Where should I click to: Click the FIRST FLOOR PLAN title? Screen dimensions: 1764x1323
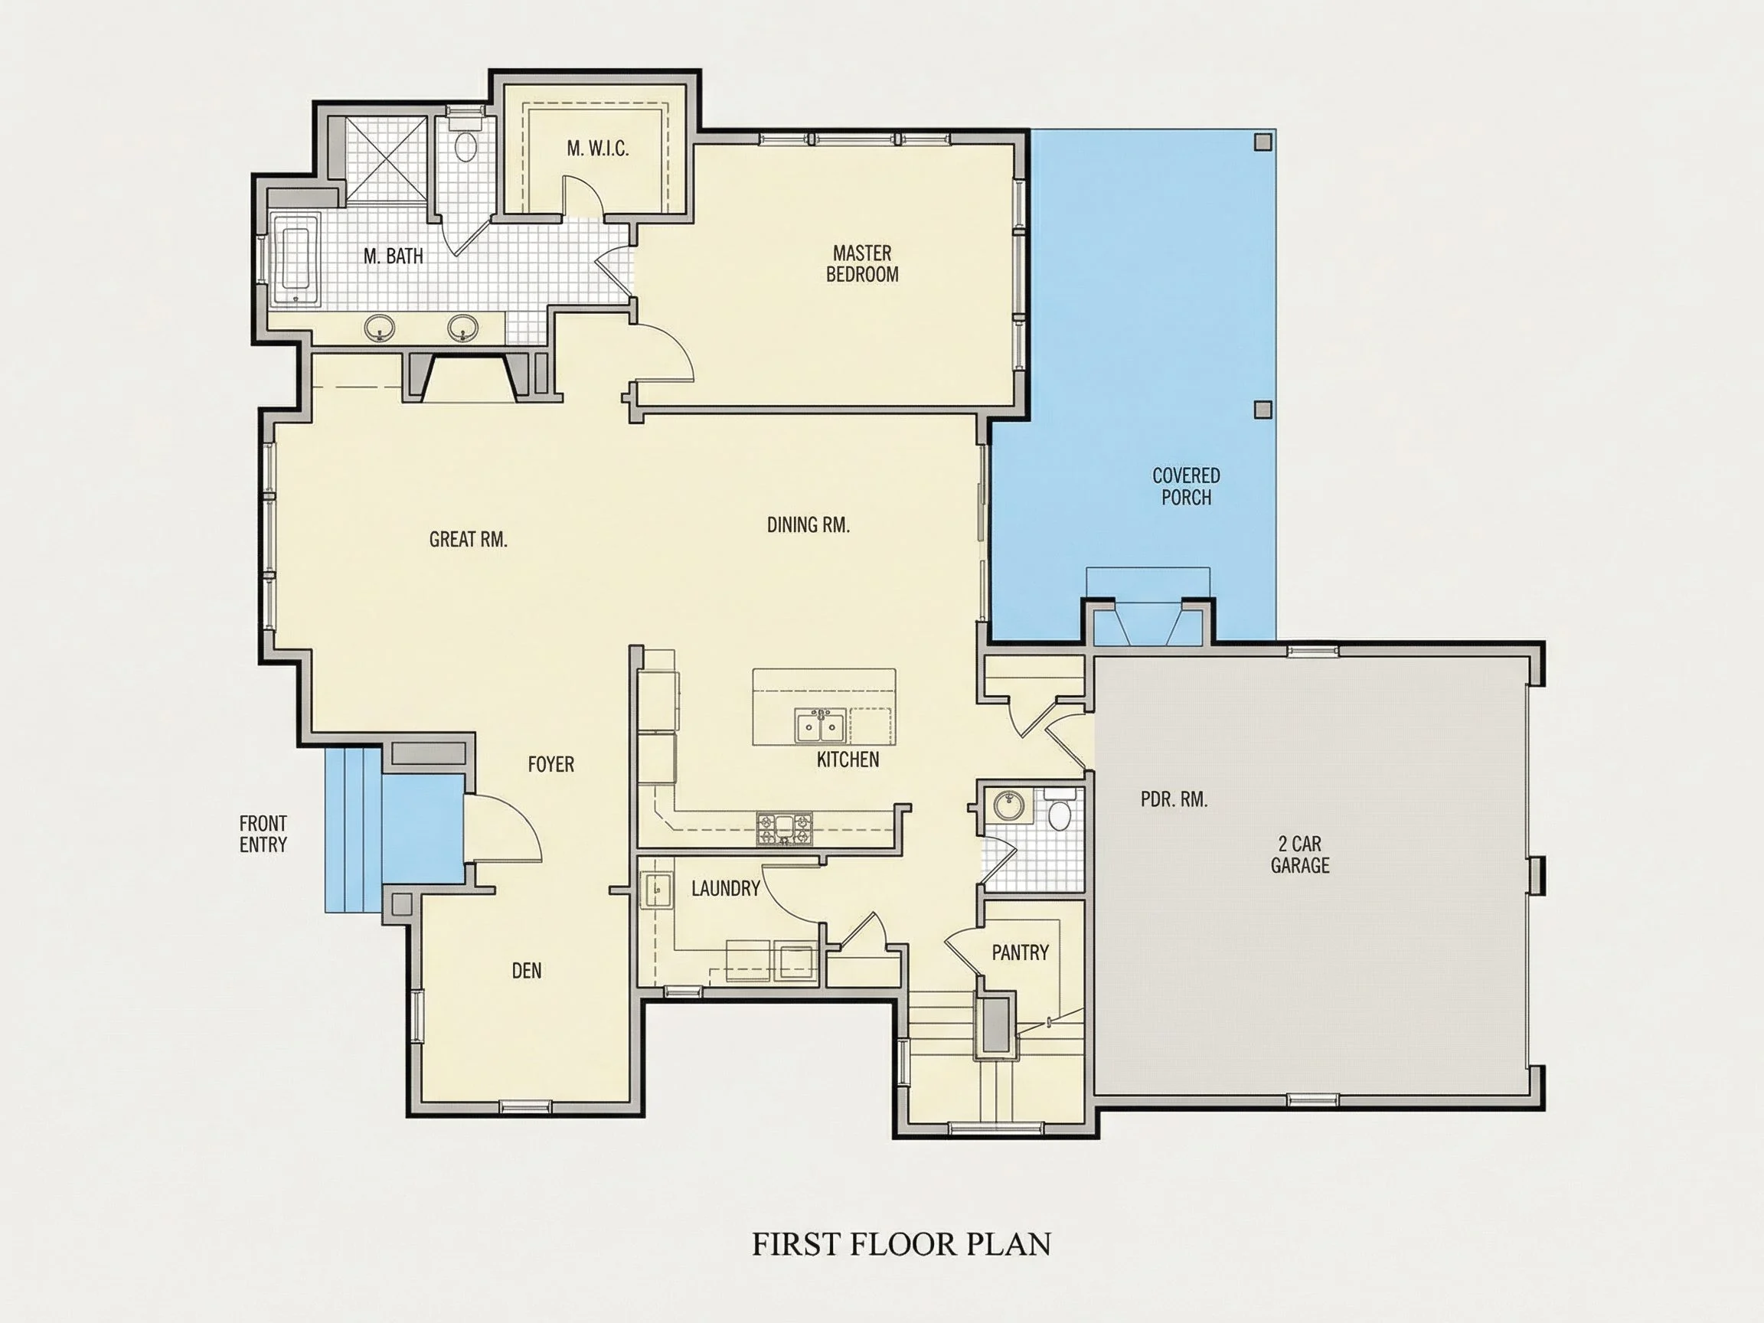coord(901,1244)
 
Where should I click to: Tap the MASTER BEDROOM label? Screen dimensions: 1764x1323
coord(862,264)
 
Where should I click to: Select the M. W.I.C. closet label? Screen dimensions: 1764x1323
coord(597,149)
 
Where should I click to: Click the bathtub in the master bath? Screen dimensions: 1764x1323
coord(295,260)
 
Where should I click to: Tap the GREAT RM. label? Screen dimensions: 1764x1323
coord(468,540)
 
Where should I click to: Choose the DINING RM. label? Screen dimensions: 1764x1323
coord(808,524)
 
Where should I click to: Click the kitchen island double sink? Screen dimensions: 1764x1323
coord(820,726)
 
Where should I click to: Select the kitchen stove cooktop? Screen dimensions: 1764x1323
coord(785,828)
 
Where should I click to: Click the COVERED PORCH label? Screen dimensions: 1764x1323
coord(1186,486)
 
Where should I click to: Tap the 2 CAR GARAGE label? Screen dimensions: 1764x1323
coord(1300,854)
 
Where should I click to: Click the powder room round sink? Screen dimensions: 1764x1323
coord(1009,805)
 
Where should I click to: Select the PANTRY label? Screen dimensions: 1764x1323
coord(1020,952)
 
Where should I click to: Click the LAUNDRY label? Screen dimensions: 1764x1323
coord(726,888)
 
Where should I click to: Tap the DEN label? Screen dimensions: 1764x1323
coord(526,971)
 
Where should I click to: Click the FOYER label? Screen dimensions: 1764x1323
coord(551,764)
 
